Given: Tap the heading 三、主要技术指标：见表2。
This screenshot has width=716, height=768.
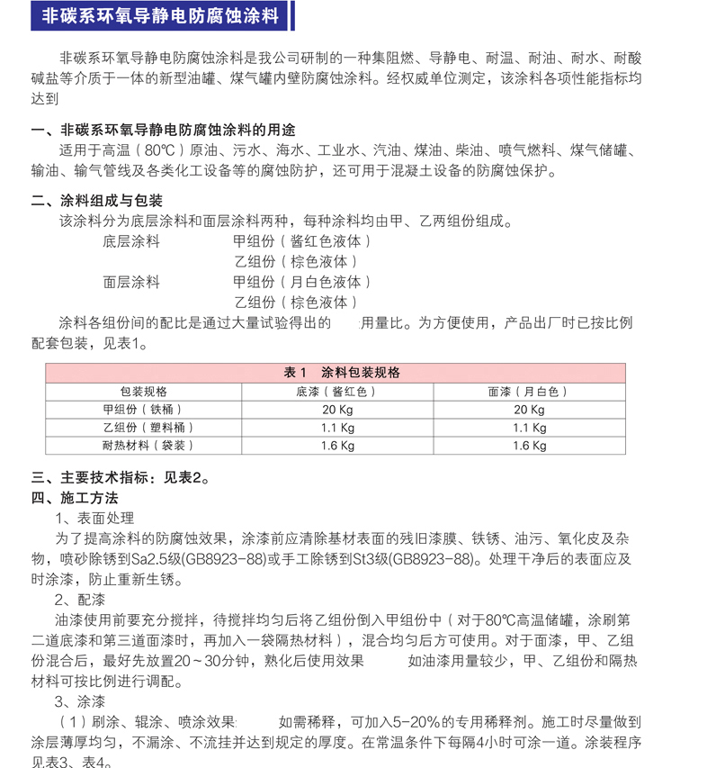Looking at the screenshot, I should pos(121,478).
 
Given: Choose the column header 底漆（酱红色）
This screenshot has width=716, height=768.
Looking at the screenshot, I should pos(336,392).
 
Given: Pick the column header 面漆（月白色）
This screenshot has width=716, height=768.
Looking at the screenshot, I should pos(529,392).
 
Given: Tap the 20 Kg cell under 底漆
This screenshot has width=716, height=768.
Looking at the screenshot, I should pos(336,410).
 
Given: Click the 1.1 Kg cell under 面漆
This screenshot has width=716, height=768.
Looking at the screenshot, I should pos(529,428).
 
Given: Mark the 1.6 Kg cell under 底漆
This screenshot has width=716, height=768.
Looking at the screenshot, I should pos(336,446).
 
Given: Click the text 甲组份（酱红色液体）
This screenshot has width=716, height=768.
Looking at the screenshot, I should pos(301,241).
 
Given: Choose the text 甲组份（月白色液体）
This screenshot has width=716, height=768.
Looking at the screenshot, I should pos(301,282).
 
